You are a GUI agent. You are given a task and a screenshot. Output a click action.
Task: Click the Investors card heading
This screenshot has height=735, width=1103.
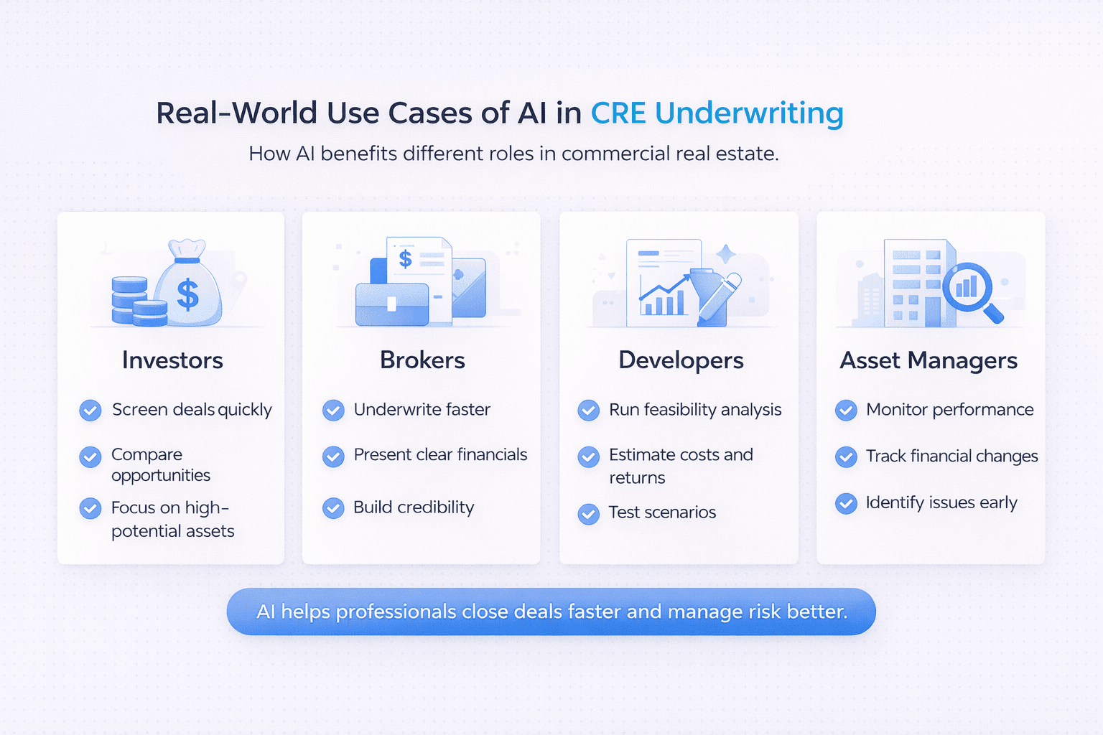point(172,360)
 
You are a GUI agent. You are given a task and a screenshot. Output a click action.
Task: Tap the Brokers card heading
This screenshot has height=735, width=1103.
point(422,360)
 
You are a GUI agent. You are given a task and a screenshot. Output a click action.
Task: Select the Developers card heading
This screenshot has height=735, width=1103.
point(681,360)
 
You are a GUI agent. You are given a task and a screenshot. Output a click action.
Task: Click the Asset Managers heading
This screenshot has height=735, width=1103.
point(929,360)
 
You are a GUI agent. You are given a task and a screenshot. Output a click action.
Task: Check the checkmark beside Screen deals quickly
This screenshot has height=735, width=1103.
point(90,410)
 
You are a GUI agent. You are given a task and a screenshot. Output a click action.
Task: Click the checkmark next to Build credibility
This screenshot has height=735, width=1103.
point(333,508)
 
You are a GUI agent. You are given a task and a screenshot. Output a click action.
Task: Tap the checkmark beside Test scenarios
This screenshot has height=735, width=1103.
point(589,513)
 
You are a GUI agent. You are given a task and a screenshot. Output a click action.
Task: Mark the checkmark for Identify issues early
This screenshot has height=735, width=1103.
point(846,503)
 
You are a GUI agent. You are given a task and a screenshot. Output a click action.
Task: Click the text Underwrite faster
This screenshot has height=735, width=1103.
point(422,409)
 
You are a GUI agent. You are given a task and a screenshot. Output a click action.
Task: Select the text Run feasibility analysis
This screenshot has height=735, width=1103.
point(695,409)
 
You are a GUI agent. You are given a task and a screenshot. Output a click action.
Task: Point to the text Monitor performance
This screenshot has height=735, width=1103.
point(949,409)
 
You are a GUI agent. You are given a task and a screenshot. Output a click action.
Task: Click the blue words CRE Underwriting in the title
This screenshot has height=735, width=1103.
point(717,113)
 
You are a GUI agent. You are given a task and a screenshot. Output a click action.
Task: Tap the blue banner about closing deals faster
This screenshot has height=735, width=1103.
point(551,612)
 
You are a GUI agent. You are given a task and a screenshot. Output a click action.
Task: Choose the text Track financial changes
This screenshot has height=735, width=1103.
point(951,456)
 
